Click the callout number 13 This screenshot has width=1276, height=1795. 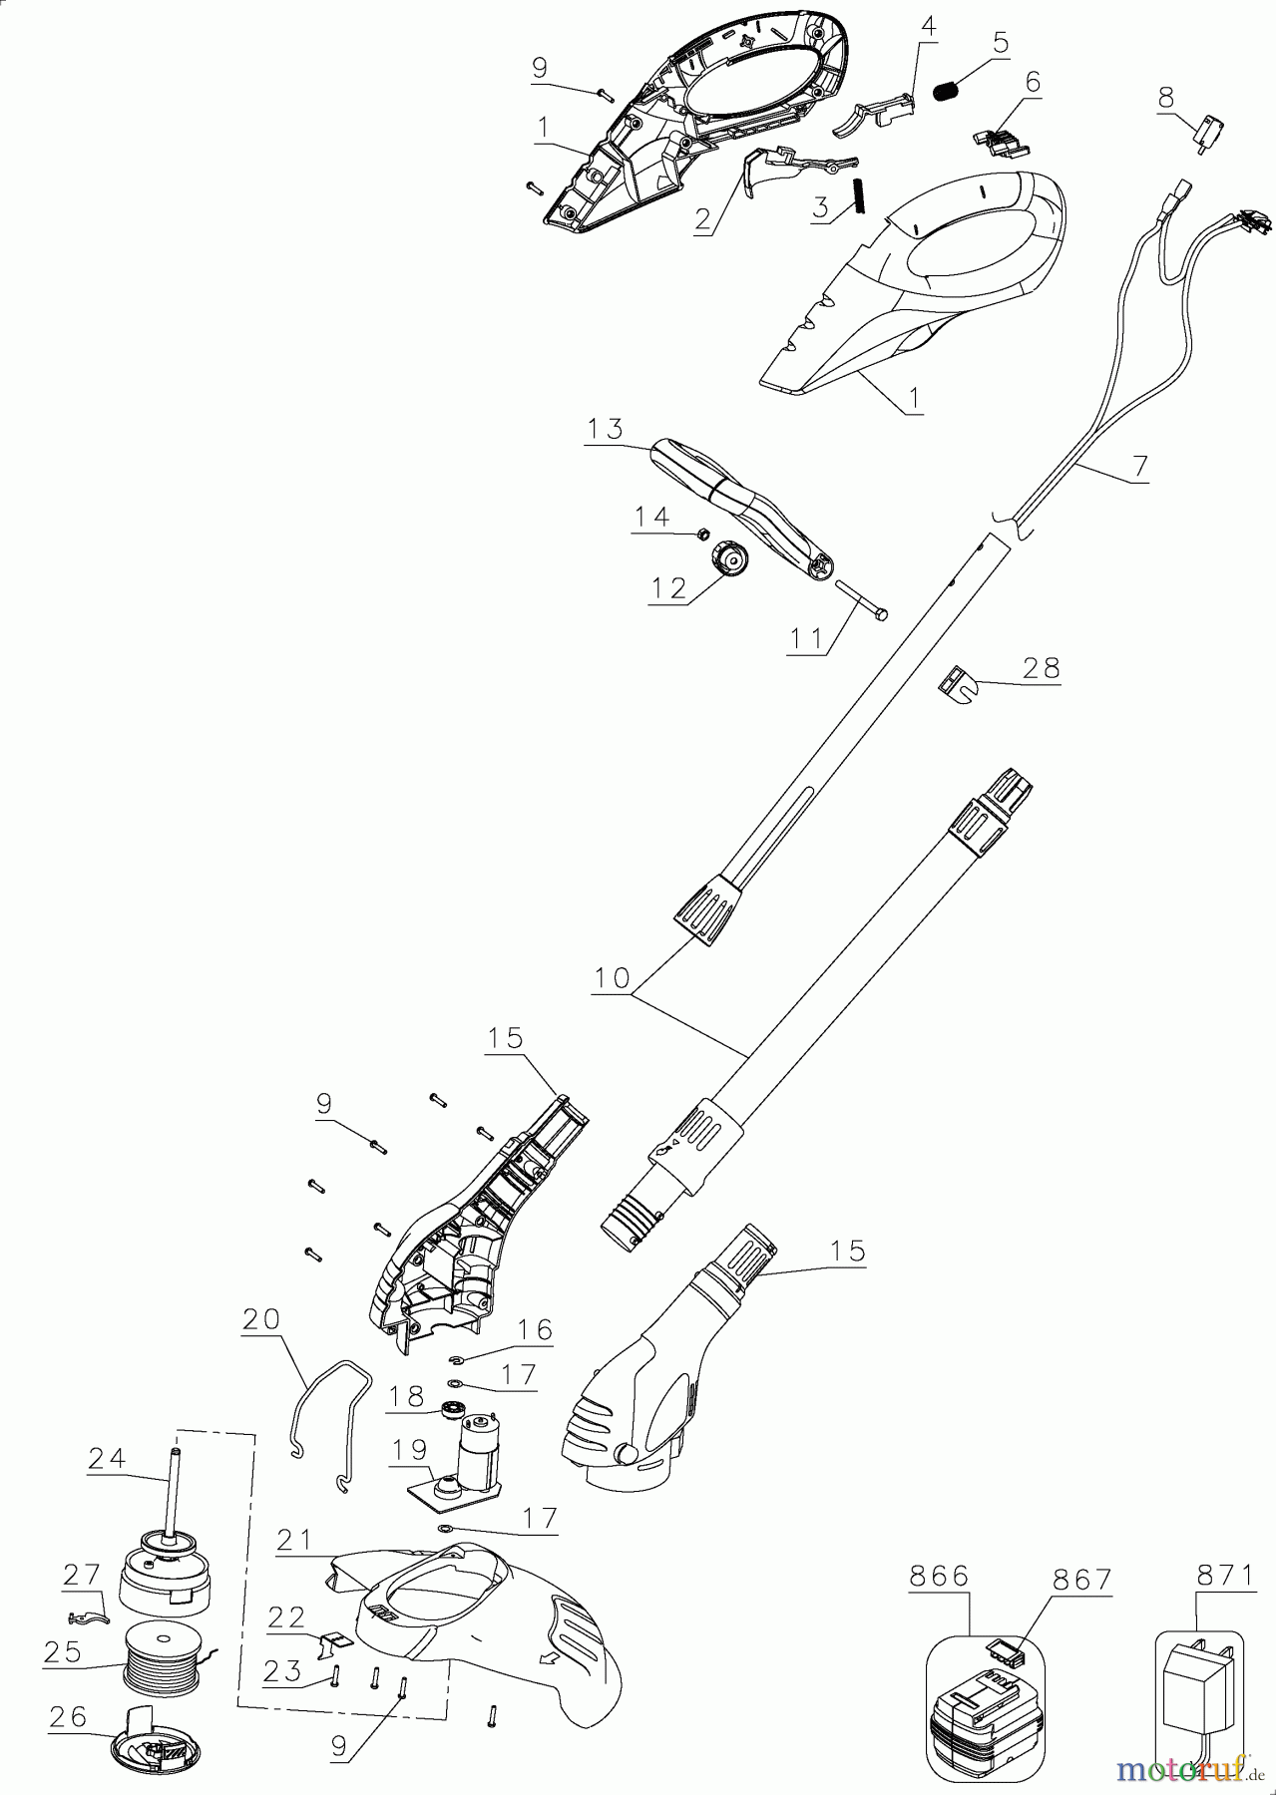[606, 429]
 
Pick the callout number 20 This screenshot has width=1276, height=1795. [261, 1319]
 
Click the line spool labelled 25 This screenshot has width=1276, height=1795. [164, 1674]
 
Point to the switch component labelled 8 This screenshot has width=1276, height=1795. [1208, 134]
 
